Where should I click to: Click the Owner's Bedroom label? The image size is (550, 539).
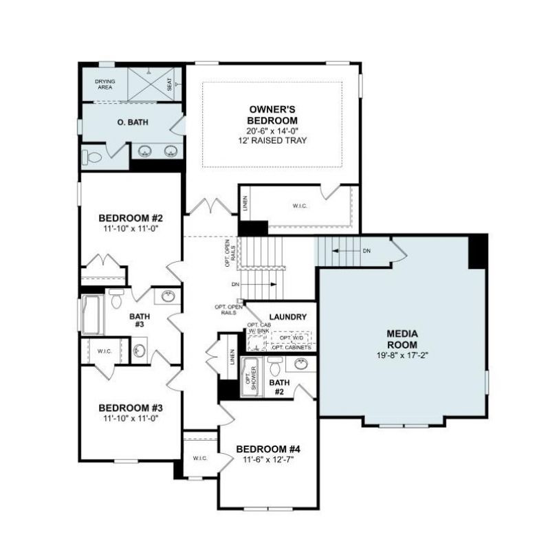(x=272, y=115)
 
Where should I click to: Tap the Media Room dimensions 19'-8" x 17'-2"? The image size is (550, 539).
(x=402, y=355)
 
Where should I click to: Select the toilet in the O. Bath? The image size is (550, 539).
(x=91, y=158)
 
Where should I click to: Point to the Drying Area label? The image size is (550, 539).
(x=105, y=84)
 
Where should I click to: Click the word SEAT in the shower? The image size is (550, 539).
(x=170, y=84)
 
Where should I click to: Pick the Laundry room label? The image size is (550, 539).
(x=288, y=317)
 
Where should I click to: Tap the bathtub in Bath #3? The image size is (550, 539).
(x=93, y=315)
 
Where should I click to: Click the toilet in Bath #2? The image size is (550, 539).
(x=274, y=366)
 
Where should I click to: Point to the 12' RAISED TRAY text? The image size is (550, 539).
(x=272, y=141)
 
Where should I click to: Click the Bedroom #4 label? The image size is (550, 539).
(x=268, y=449)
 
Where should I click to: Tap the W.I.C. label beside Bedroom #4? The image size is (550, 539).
(x=200, y=459)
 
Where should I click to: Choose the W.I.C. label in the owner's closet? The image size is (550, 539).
(x=300, y=206)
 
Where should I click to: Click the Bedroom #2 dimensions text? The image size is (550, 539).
(x=131, y=229)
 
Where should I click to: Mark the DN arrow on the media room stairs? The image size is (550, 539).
(x=347, y=251)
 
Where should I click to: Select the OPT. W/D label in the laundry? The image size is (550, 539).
(x=290, y=338)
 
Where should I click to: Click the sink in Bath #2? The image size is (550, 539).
(x=301, y=364)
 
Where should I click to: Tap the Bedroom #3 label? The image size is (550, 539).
(x=131, y=408)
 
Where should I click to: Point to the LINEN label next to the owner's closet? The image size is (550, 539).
(x=245, y=203)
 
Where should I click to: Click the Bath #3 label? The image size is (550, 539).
(x=140, y=320)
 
